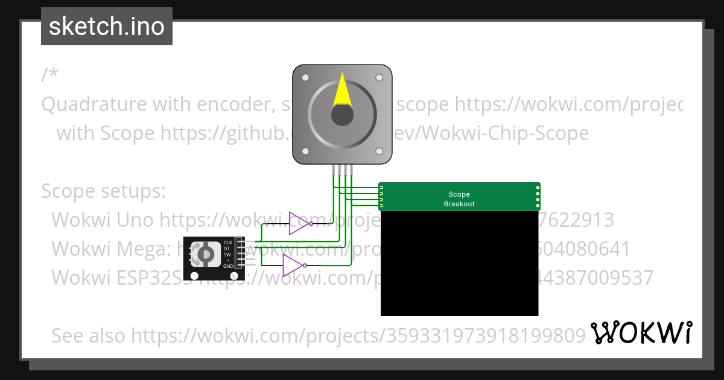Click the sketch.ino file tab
point(106,27)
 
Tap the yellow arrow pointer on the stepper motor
point(342,90)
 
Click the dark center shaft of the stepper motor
point(342,115)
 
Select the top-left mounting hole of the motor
point(306,78)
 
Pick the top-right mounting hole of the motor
point(379,78)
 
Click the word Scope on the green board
point(459,194)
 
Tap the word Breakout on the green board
point(459,204)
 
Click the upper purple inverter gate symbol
point(299,223)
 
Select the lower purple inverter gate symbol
point(293,265)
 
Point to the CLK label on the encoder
point(228,242)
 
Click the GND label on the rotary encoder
point(228,266)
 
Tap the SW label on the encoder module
point(227,254)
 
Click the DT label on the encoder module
point(227,249)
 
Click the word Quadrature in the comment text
point(94,104)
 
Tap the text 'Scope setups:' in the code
point(103,191)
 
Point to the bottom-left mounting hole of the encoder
point(194,275)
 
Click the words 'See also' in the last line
point(89,335)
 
